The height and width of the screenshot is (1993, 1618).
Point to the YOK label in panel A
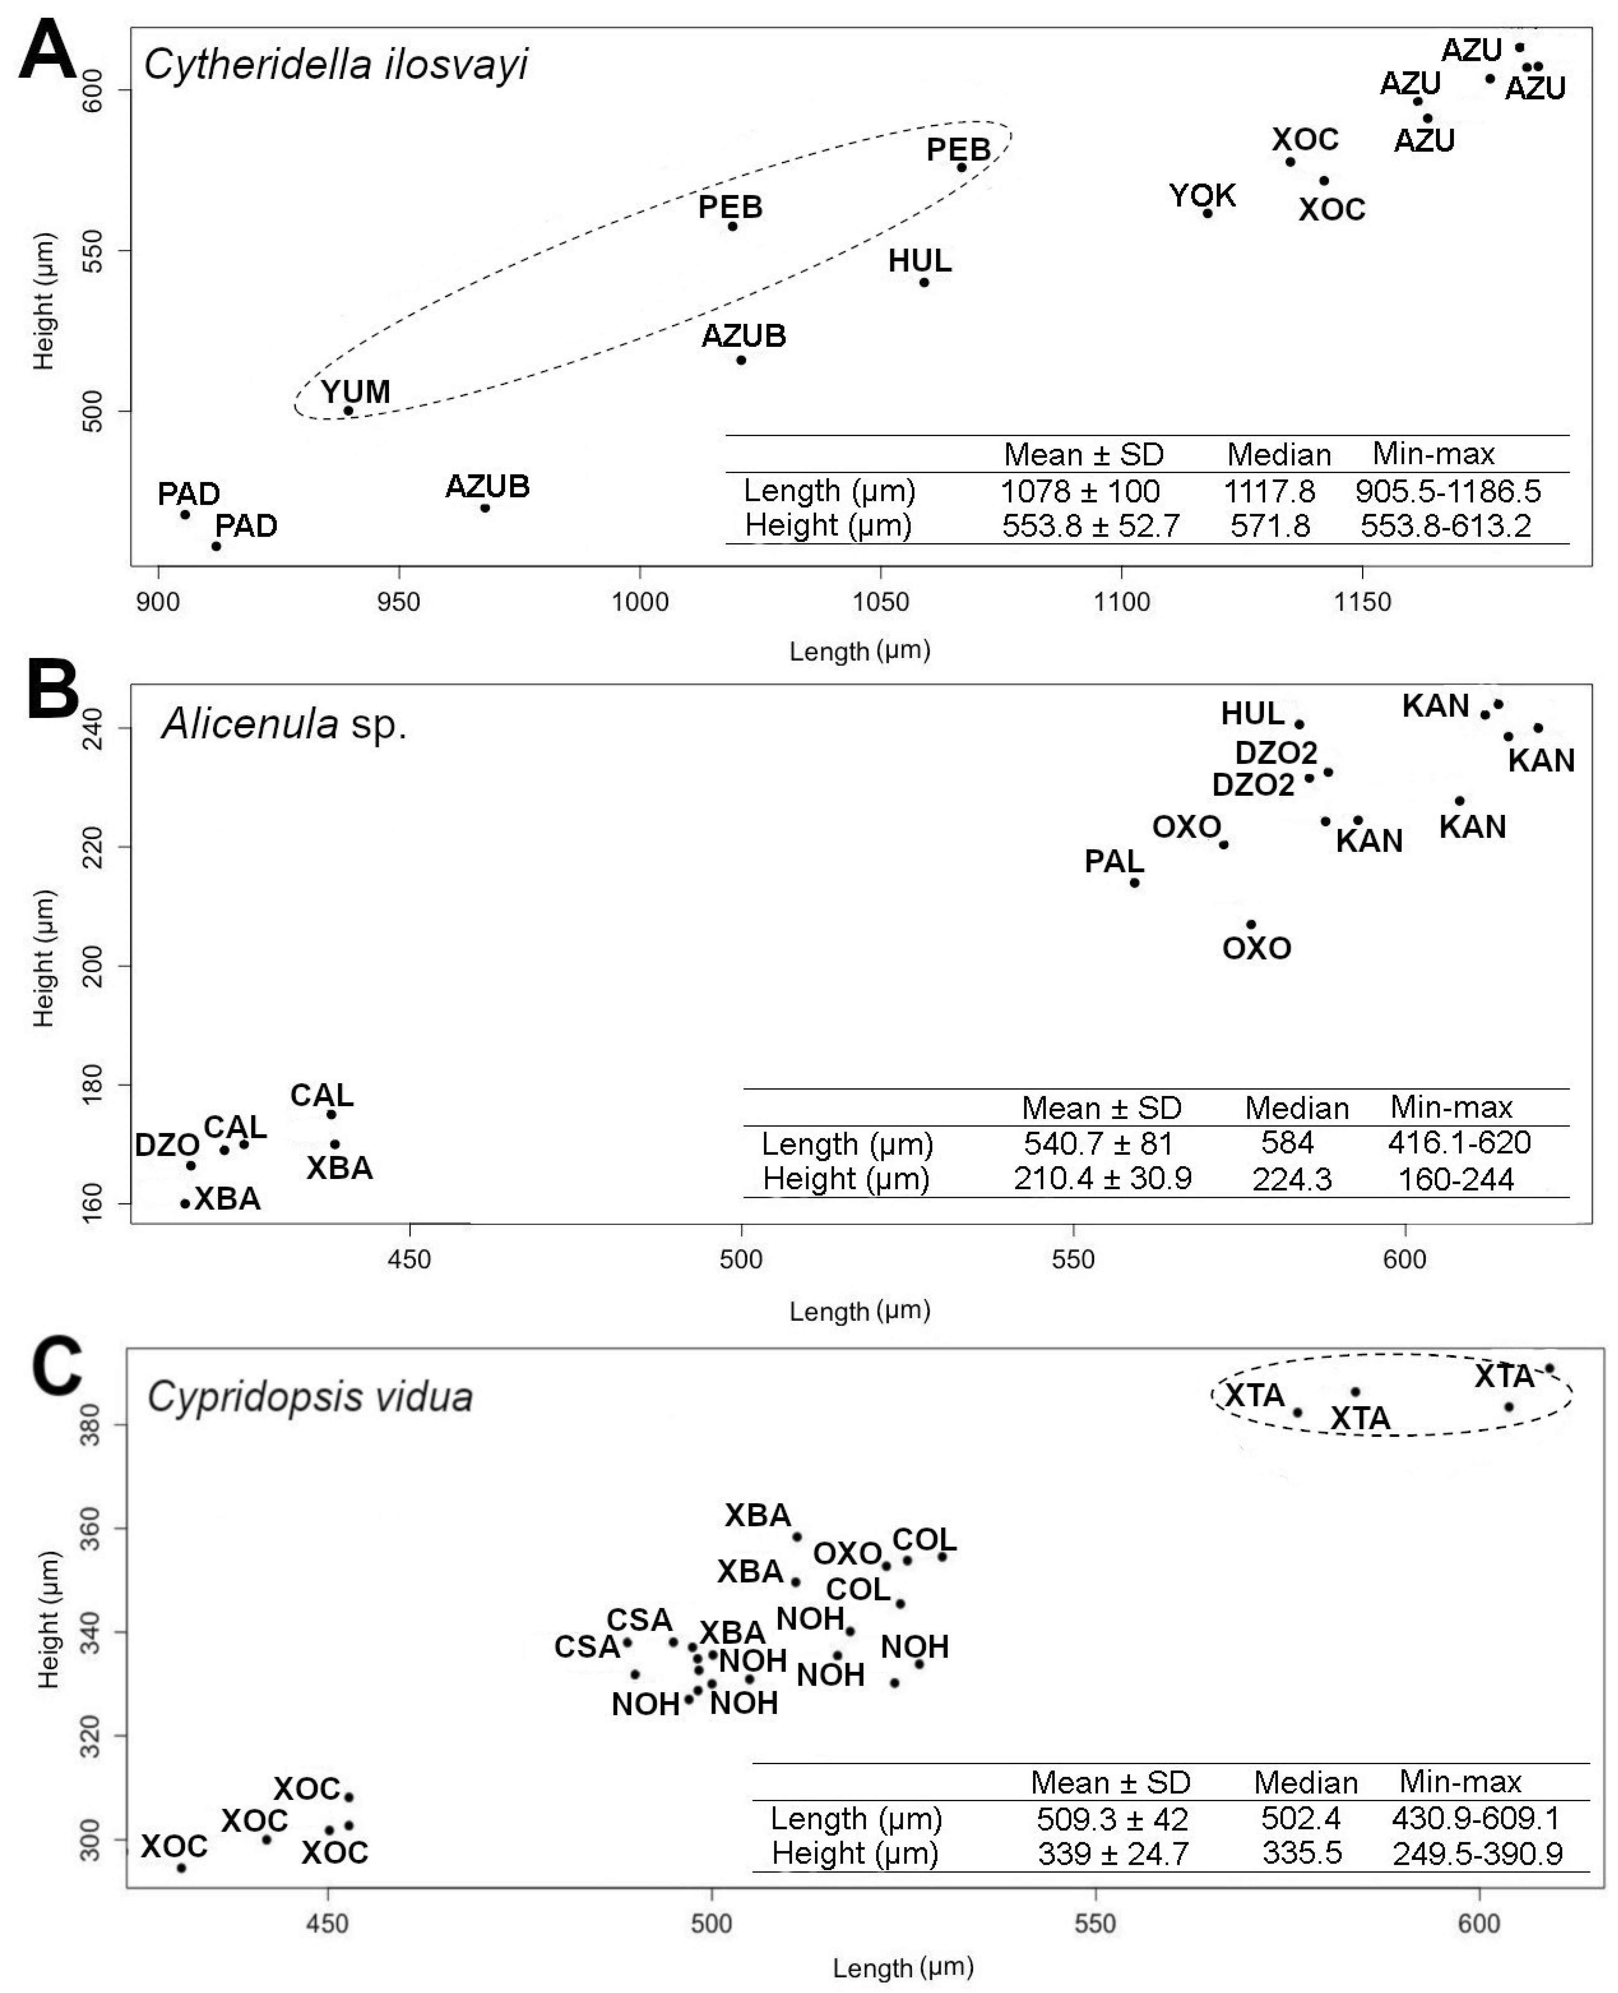click(x=1202, y=196)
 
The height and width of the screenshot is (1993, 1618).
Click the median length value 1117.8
click(x=1269, y=490)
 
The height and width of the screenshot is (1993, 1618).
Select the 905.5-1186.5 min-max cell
click(x=1448, y=490)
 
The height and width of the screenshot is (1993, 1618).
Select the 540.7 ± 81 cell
click(x=1098, y=1143)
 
